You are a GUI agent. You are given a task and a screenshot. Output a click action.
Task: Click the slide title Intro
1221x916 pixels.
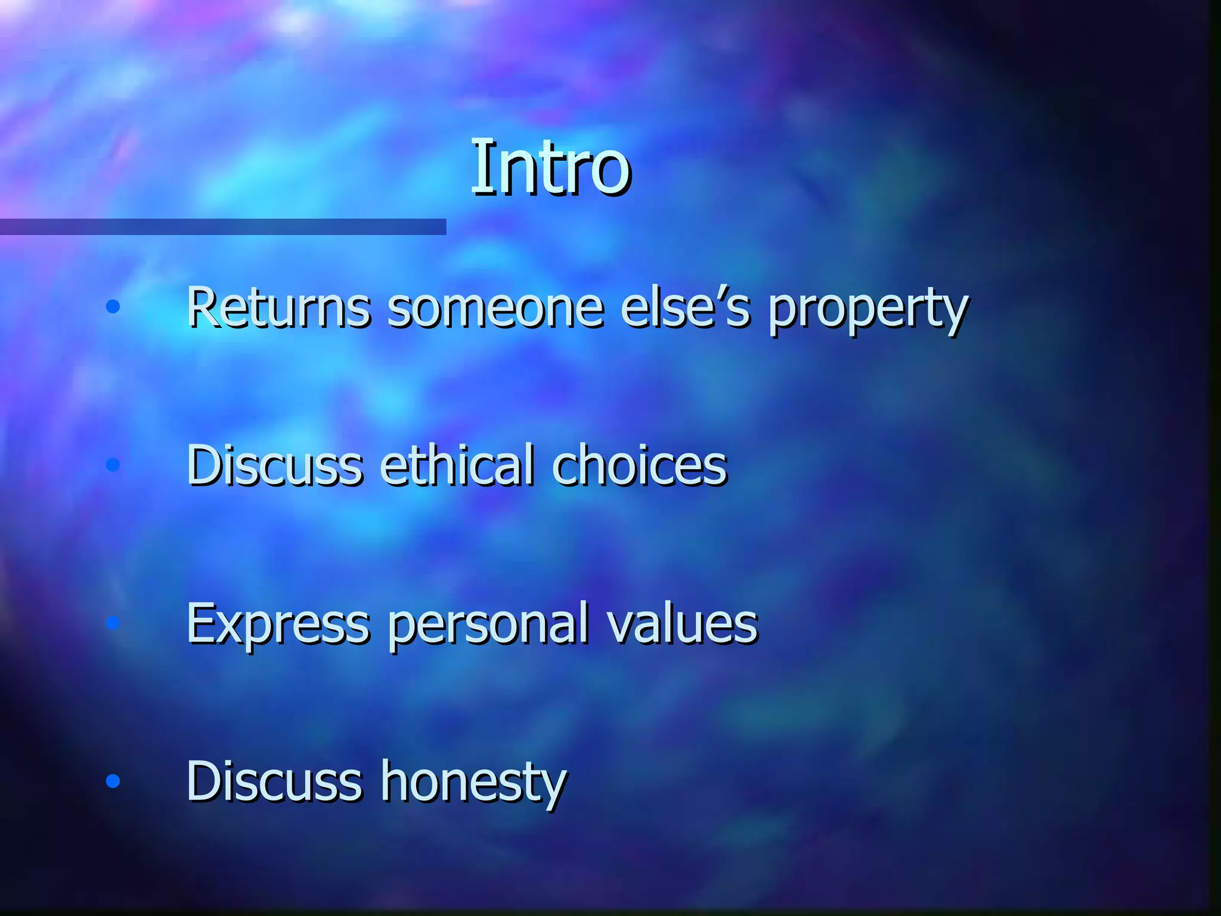pos(550,168)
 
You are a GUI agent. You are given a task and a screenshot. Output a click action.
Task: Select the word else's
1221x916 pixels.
pos(685,308)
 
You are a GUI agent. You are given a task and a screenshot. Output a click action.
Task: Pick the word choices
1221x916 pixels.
pos(639,465)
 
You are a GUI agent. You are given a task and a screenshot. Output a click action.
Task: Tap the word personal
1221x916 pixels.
pos(488,625)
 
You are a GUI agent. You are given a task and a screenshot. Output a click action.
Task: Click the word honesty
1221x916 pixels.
pos(474,782)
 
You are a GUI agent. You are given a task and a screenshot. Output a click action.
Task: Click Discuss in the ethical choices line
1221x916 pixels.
pos(275,465)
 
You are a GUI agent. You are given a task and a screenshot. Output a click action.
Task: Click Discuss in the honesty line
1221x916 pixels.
pos(275,781)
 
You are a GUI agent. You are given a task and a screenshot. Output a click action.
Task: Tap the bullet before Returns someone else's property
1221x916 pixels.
pos(113,307)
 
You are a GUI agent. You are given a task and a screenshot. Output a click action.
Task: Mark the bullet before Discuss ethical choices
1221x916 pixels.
pos(113,465)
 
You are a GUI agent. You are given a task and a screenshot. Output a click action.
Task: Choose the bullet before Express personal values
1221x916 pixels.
pos(113,623)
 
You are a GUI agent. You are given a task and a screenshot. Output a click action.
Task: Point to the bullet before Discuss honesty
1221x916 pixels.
pos(113,781)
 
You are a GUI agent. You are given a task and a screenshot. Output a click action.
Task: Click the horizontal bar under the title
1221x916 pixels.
pos(223,227)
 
